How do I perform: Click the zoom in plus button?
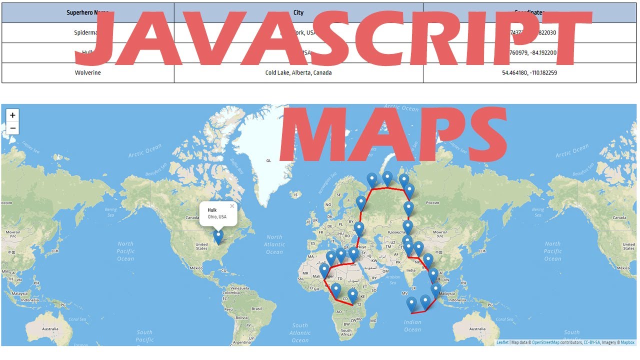pyautogui.click(x=12, y=115)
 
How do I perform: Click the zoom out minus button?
pyautogui.click(x=12, y=128)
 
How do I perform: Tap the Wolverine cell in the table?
pyautogui.click(x=87, y=73)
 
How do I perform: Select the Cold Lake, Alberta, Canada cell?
pyautogui.click(x=298, y=73)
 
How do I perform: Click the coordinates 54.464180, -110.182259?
pyautogui.click(x=529, y=73)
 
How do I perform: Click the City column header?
pyautogui.click(x=298, y=12)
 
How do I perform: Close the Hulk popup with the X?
pyautogui.click(x=232, y=206)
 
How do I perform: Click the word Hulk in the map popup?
pyautogui.click(x=212, y=210)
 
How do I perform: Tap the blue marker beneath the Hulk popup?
pyautogui.click(x=218, y=236)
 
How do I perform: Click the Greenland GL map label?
pyautogui.click(x=268, y=160)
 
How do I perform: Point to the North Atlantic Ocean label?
pyautogui.click(x=274, y=244)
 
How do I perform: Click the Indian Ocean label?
pyautogui.click(x=412, y=326)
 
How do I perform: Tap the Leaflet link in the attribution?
pyautogui.click(x=502, y=342)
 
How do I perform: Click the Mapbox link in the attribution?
pyautogui.click(x=627, y=342)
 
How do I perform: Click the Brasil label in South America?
pyautogui.click(x=256, y=308)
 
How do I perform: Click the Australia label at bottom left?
pyautogui.click(x=50, y=329)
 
